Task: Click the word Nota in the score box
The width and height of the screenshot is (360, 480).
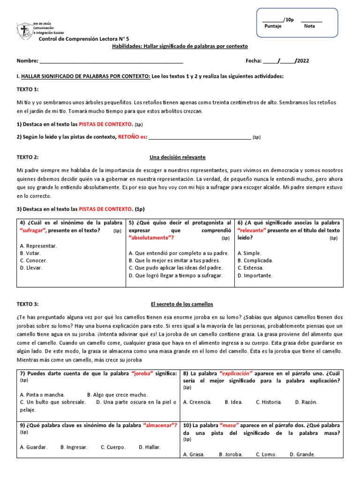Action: tap(309, 26)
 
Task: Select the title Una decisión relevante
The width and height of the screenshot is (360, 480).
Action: tap(177, 157)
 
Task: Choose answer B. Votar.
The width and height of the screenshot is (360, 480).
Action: tap(30, 253)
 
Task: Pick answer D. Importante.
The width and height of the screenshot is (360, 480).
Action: tap(255, 275)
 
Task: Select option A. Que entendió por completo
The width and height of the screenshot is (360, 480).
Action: tap(179, 253)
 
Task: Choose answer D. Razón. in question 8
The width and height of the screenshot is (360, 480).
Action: tap(306, 402)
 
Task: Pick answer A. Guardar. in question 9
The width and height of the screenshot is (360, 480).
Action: tap(33, 447)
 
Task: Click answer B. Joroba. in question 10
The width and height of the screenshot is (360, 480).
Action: tap(231, 454)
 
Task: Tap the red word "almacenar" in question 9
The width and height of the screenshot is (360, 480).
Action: tap(160, 425)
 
